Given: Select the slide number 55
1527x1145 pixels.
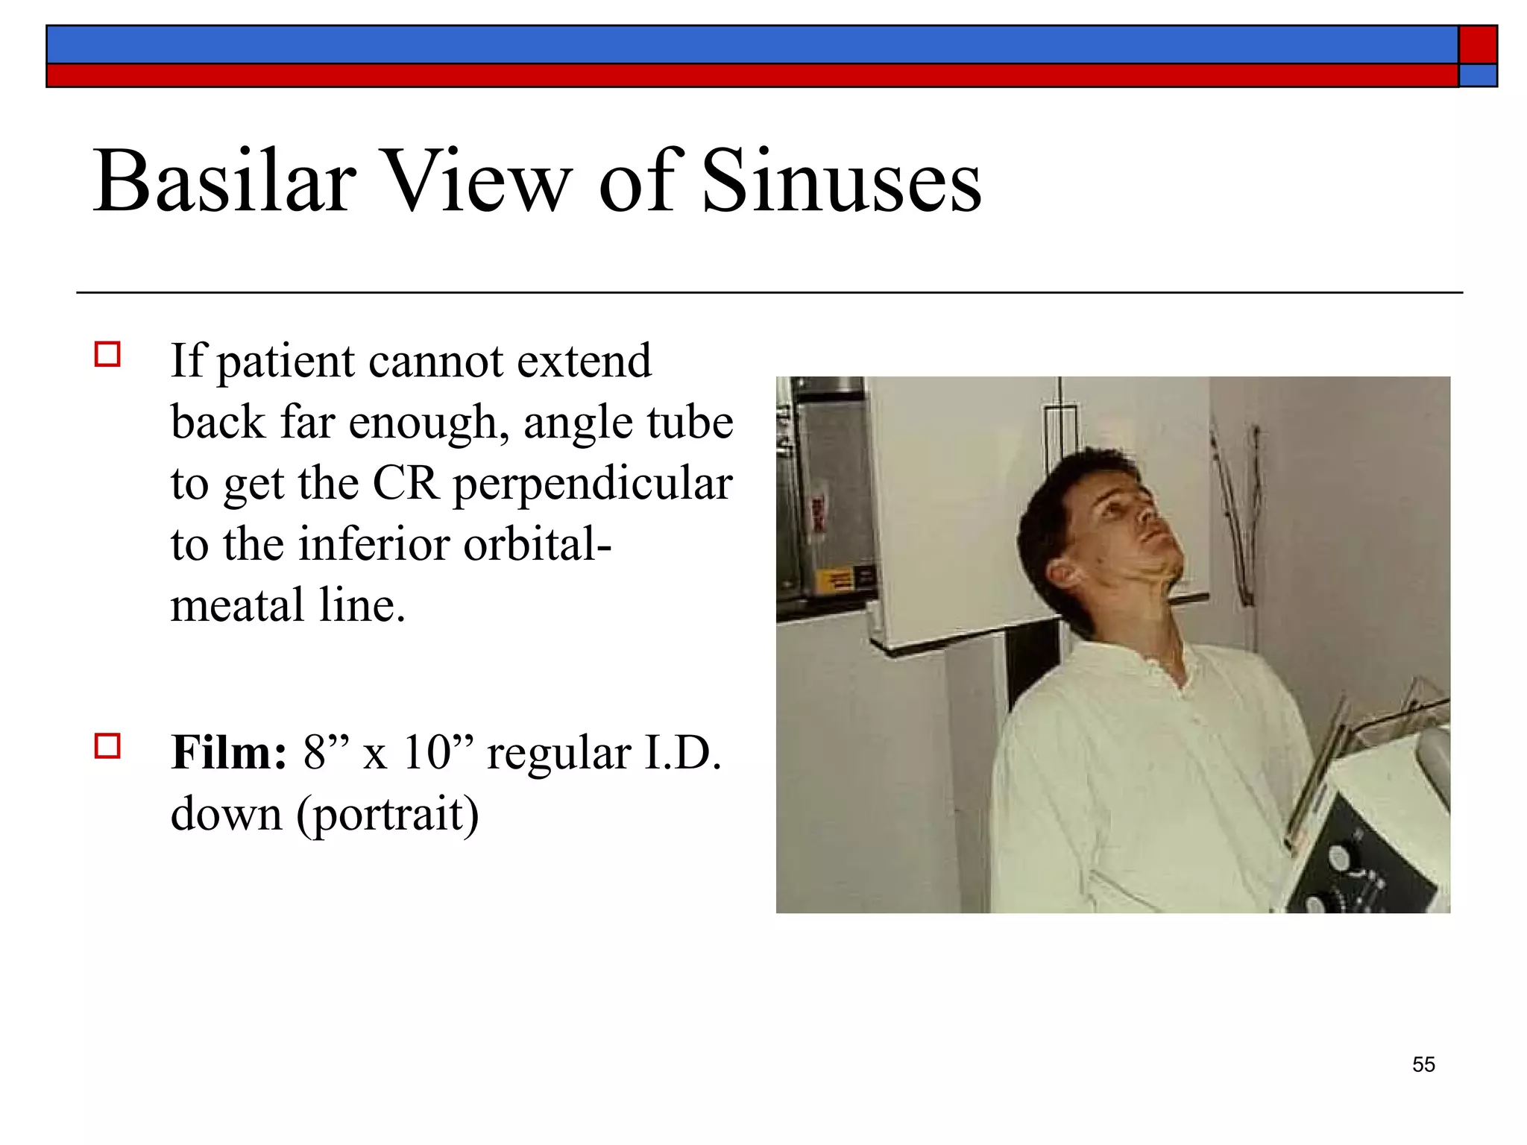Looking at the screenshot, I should (x=1423, y=1064).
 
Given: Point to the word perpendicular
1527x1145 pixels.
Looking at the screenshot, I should (x=593, y=485).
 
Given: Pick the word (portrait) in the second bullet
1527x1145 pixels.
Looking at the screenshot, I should (x=388, y=814).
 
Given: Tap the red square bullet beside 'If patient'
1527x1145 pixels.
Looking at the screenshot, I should (x=108, y=354).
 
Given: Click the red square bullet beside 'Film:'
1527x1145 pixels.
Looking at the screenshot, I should (x=108, y=745).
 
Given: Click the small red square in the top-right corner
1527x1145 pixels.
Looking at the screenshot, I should (x=1478, y=45).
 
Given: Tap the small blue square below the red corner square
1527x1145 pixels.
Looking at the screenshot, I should (x=1478, y=75).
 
